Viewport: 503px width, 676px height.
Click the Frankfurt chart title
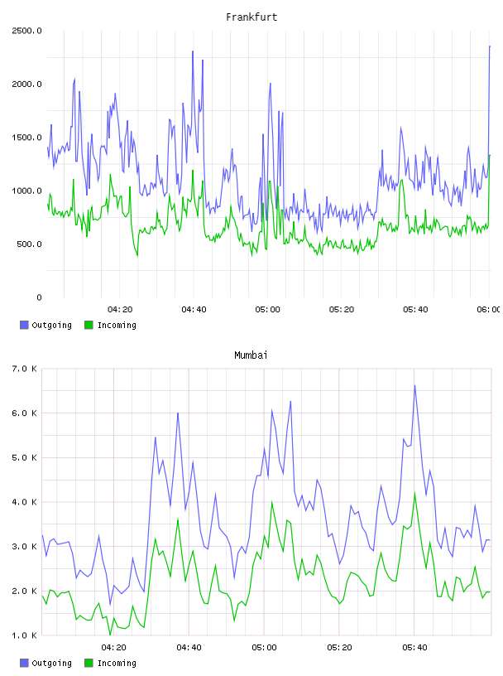click(x=251, y=17)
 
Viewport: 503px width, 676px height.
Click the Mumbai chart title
click(x=251, y=355)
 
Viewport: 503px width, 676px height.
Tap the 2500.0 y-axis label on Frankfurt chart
click(x=26, y=31)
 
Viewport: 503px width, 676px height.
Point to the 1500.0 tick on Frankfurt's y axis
click(x=26, y=138)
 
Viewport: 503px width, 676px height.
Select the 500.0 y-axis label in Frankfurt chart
click(x=29, y=244)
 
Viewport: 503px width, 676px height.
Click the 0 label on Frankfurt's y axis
click(x=39, y=297)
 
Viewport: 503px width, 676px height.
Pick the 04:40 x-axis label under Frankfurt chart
click(x=194, y=309)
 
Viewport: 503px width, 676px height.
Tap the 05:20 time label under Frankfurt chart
click(x=342, y=309)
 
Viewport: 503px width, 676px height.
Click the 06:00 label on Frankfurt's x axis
click(x=488, y=309)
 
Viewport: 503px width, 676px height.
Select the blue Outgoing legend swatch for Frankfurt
click(x=24, y=325)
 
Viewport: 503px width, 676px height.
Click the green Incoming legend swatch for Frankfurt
click(x=89, y=325)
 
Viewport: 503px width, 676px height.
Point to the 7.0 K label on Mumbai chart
click(x=25, y=369)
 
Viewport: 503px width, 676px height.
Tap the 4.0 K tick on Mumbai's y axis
click(x=25, y=502)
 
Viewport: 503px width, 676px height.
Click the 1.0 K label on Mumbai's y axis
click(x=25, y=635)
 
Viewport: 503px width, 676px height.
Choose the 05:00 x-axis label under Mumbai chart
click(x=264, y=647)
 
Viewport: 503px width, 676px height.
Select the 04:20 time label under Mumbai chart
click(x=113, y=647)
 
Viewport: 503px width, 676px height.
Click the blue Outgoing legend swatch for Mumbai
click(x=24, y=663)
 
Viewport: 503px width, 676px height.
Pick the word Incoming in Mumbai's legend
click(x=117, y=663)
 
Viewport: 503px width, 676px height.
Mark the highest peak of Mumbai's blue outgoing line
click(x=414, y=385)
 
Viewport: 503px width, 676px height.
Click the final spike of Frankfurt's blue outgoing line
click(x=490, y=46)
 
